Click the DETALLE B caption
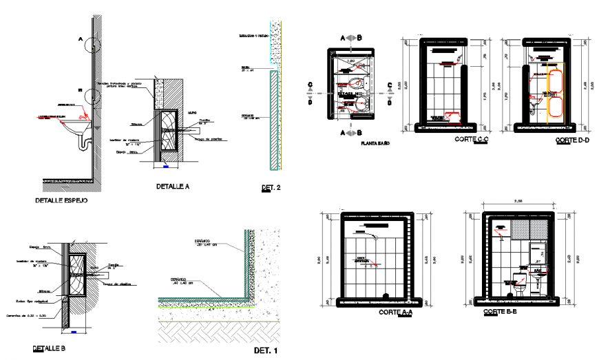tap(49, 349)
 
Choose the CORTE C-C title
tap(472, 140)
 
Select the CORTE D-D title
tap(572, 140)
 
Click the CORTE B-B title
tap(501, 312)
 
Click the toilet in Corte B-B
tap(520, 283)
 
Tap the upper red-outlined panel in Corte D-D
tap(556, 81)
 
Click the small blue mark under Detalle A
tap(165, 165)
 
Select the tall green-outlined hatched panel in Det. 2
tap(274, 120)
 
